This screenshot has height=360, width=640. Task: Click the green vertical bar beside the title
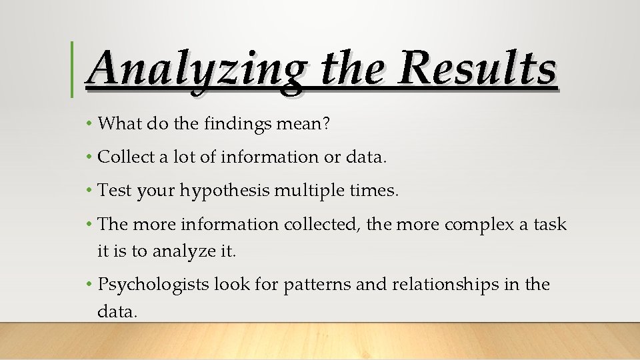tap(72, 69)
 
